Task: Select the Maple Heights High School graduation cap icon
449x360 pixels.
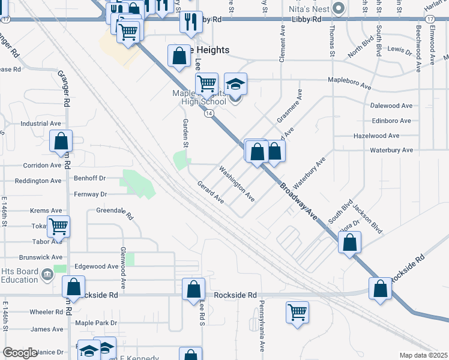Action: click(235, 85)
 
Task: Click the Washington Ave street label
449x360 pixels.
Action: click(237, 184)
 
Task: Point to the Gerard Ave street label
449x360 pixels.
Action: click(211, 193)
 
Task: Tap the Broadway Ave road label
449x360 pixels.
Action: click(298, 200)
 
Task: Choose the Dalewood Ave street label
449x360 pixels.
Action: click(391, 106)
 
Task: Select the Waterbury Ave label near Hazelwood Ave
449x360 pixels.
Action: click(391, 150)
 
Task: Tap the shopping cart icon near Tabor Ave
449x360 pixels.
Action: click(59, 227)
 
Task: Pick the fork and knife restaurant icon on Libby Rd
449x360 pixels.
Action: click(191, 22)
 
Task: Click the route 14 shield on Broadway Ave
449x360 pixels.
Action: click(206, 113)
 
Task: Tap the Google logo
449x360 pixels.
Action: click(20, 353)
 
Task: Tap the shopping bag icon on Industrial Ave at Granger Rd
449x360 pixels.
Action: click(61, 142)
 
